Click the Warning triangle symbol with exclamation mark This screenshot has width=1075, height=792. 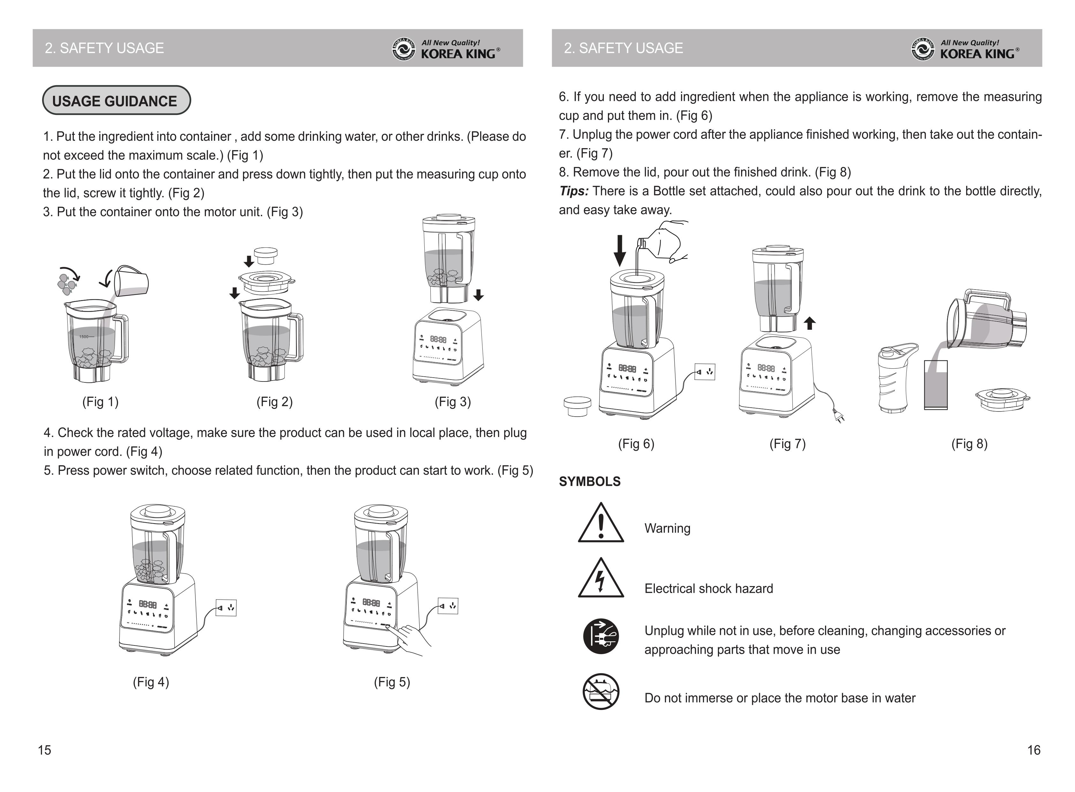point(601,524)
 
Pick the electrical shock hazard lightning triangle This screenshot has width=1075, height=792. point(601,579)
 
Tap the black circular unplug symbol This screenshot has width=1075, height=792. point(601,637)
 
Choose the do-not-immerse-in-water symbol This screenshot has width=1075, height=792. point(601,692)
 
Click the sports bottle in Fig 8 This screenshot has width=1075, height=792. point(893,379)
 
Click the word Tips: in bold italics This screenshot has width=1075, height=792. point(573,191)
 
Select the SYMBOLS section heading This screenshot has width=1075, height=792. point(589,481)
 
